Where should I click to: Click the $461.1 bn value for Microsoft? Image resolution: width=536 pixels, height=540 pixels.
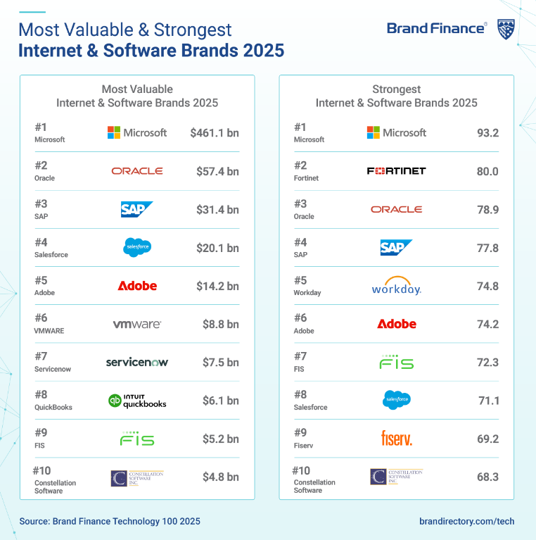(215, 132)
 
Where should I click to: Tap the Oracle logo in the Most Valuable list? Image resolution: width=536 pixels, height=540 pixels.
(137, 171)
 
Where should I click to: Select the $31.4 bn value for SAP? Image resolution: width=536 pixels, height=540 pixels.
(217, 209)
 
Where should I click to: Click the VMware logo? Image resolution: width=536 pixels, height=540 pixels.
(137, 325)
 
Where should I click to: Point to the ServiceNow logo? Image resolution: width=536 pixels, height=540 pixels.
(137, 362)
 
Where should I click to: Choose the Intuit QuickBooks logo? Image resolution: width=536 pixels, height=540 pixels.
(137, 401)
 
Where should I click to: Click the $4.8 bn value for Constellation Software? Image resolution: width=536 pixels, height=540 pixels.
(220, 477)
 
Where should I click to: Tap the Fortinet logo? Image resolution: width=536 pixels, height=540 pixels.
(396, 171)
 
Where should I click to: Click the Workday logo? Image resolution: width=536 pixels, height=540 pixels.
(396, 286)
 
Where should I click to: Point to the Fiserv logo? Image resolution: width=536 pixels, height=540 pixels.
(396, 439)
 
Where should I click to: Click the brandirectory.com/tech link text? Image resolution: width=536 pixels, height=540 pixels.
(466, 522)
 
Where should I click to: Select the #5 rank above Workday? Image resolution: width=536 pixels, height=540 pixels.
(300, 280)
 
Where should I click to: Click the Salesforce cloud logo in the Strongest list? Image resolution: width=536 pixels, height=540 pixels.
(396, 401)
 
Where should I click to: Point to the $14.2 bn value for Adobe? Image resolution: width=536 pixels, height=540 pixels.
(217, 286)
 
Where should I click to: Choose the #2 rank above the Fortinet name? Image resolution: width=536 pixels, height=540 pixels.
(300, 165)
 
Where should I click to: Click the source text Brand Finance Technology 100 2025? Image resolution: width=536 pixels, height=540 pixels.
(110, 522)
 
